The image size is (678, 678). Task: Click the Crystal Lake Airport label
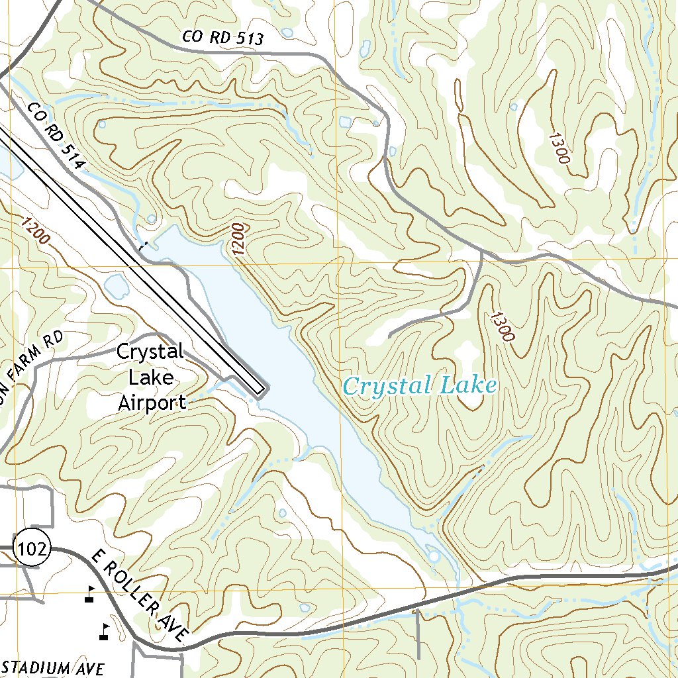[150, 377]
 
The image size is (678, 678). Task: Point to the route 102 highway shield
[32, 549]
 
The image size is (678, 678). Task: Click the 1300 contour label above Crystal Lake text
[502, 326]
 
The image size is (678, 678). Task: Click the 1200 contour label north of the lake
[238, 239]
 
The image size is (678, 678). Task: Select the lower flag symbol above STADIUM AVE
[103, 631]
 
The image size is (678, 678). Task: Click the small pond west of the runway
[116, 287]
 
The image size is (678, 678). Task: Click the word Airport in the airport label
[152, 402]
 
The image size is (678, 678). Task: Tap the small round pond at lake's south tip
[433, 557]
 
